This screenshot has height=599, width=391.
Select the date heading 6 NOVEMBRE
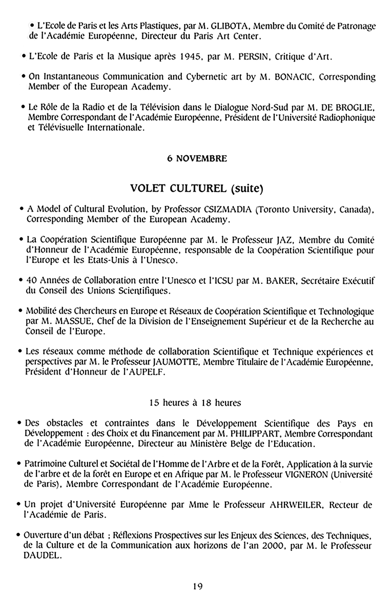pyautogui.click(x=197, y=159)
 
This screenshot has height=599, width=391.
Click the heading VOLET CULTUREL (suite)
pyautogui.click(x=197, y=188)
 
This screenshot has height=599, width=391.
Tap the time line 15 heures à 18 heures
pyautogui.click(x=195, y=403)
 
